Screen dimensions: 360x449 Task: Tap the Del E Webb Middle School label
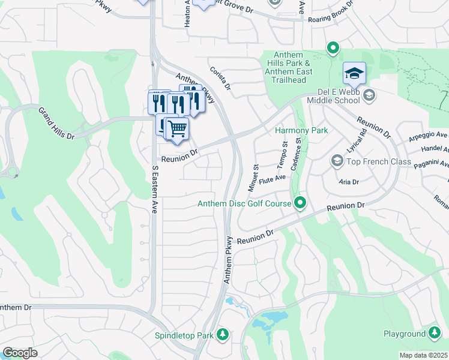coord(338,95)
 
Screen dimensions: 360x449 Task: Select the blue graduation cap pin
coord(354,74)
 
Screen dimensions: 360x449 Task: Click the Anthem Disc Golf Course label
coord(245,204)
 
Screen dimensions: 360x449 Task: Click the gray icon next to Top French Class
coord(337,161)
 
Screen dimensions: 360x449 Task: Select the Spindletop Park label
coord(184,334)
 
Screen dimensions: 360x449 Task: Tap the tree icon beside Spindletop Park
coord(223,334)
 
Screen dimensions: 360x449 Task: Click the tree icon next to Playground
coord(435,334)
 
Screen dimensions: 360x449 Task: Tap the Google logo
coord(20,353)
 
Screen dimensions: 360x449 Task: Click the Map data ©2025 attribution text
coord(423,355)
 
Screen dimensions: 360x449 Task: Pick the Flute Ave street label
coord(272,179)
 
